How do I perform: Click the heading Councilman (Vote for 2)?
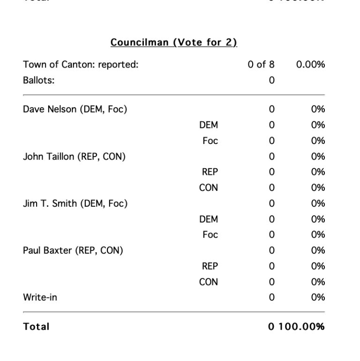pyautogui.click(x=174, y=43)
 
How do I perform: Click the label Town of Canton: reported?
pyautogui.click(x=81, y=65)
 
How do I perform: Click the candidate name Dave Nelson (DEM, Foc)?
pyautogui.click(x=75, y=110)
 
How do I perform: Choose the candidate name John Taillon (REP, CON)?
pyautogui.click(x=74, y=157)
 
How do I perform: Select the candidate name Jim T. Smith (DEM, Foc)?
pyautogui.click(x=75, y=203)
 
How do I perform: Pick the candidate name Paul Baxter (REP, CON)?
pyautogui.click(x=73, y=250)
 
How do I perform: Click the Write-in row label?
pyautogui.click(x=40, y=297)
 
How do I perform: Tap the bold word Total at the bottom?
pyautogui.click(x=36, y=326)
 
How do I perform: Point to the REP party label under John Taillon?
pyautogui.click(x=210, y=172)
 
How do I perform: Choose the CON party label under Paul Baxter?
pyautogui.click(x=209, y=282)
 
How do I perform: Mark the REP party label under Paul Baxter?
pyautogui.click(x=210, y=266)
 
